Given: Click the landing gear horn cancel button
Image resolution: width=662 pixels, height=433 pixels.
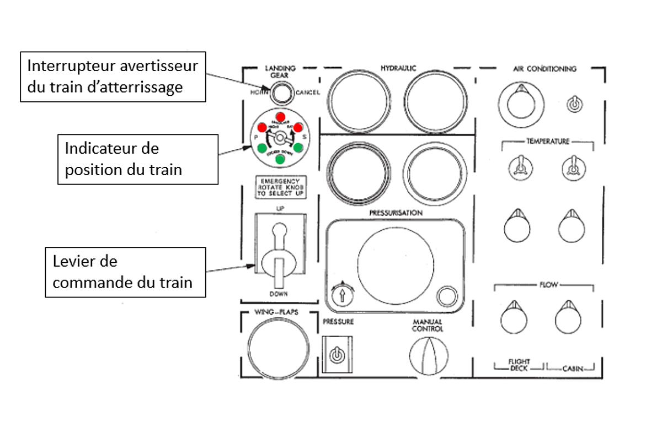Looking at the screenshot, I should [x=280, y=94].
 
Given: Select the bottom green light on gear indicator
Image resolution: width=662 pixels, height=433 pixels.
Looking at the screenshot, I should [x=280, y=159].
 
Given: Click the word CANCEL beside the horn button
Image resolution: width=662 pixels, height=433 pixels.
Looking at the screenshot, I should [x=307, y=92].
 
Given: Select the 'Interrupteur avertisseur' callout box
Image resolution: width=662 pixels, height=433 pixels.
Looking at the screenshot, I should [x=113, y=77].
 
